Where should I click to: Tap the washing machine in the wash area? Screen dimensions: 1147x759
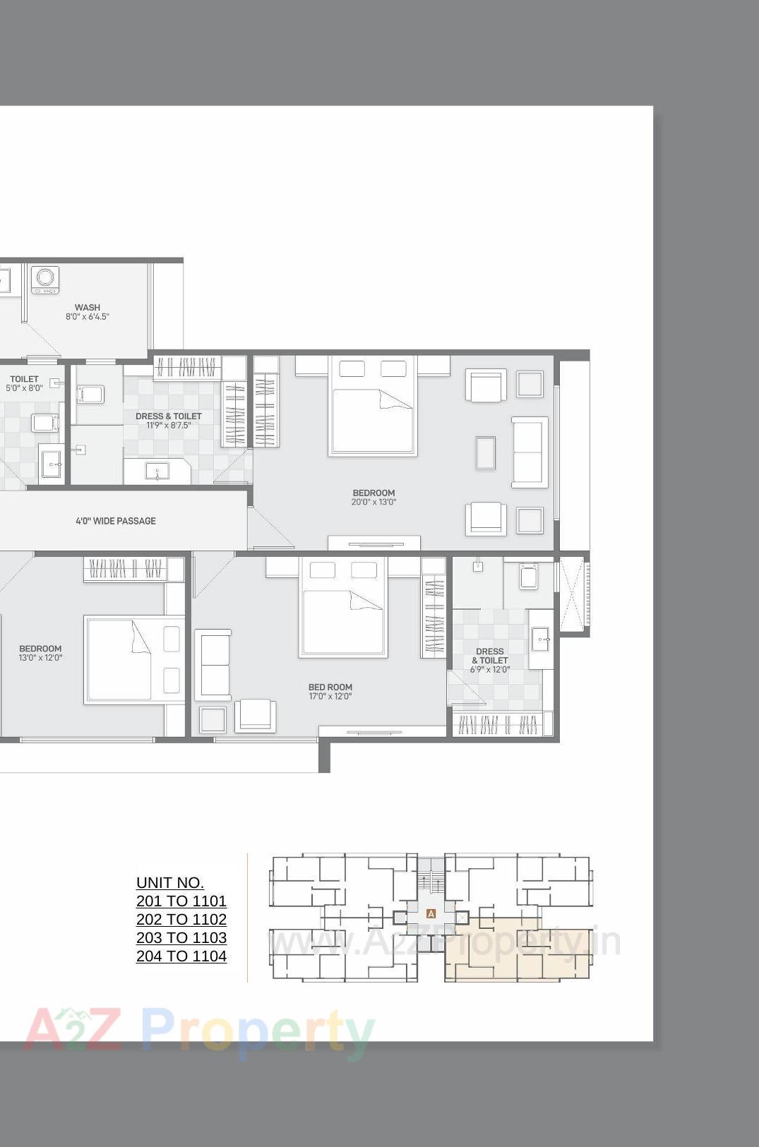click(45, 280)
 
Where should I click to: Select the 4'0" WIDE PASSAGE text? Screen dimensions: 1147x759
click(116, 521)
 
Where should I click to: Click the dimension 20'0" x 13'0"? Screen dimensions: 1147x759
click(373, 503)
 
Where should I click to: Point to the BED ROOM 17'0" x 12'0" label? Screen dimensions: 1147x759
click(330, 691)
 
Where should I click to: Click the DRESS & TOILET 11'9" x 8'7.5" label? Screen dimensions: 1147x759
click(169, 421)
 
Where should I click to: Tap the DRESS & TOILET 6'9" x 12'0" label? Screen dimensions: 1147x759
click(490, 661)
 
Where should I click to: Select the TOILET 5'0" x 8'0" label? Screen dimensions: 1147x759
click(25, 383)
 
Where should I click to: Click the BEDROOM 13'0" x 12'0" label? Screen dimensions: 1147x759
click(40, 653)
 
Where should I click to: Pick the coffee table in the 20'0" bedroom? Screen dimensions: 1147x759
click(485, 453)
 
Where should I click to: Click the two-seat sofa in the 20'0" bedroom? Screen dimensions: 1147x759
click(530, 452)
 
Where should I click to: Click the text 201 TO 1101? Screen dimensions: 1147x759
click(181, 901)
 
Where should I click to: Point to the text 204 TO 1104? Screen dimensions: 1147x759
click(181, 956)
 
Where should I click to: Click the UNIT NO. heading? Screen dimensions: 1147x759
click(170, 883)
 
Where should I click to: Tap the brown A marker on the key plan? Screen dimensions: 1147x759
click(431, 913)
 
